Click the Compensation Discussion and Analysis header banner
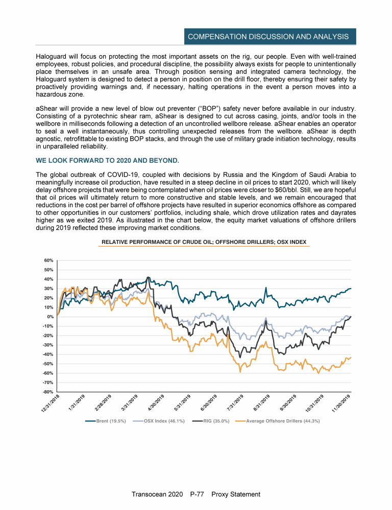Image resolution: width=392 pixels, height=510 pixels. [x=268, y=37]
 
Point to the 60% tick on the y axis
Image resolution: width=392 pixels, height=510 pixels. [x=48, y=260]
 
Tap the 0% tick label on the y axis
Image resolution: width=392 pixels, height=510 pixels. [x=51, y=317]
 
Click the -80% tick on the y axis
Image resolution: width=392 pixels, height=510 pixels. [x=48, y=392]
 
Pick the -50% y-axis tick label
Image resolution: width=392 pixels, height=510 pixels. [x=48, y=364]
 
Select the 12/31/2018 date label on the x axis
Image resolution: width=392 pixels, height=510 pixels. [x=51, y=404]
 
